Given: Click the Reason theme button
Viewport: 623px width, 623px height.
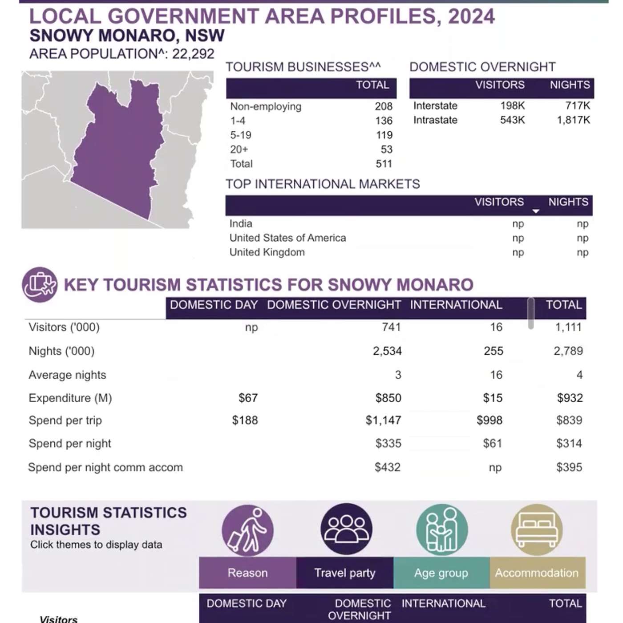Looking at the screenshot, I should point(247,573).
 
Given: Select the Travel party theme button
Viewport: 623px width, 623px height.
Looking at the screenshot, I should point(344,573).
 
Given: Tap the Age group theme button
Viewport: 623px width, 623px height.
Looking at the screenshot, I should point(441,573).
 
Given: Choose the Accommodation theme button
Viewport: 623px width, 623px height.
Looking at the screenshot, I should point(537,573).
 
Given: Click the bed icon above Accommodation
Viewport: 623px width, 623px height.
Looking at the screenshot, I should point(537,530).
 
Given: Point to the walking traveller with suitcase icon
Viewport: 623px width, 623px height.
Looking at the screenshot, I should point(247,530).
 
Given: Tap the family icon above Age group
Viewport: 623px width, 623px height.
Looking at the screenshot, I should point(441,530).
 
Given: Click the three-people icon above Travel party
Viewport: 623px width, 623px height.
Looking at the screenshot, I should point(346,529).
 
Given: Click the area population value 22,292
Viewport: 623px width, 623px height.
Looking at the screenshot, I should point(193,54).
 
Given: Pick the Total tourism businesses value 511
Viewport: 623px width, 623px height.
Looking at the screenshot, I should point(384,164).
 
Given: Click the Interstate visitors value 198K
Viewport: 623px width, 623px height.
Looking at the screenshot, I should point(512,105).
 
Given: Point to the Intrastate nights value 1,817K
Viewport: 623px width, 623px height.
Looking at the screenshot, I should point(573,120).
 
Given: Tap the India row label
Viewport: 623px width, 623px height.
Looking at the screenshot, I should point(241,223).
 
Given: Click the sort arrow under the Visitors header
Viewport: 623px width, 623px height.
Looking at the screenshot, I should point(536,211).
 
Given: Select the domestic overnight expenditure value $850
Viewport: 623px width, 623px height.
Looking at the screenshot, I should point(388,398).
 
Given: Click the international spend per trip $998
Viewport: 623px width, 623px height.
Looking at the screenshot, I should point(489,420).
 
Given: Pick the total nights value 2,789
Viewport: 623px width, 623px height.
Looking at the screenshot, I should point(568,351).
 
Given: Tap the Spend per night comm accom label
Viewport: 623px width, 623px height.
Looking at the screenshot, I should point(105,467).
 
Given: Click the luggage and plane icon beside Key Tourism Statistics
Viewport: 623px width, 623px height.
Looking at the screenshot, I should point(40,284).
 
